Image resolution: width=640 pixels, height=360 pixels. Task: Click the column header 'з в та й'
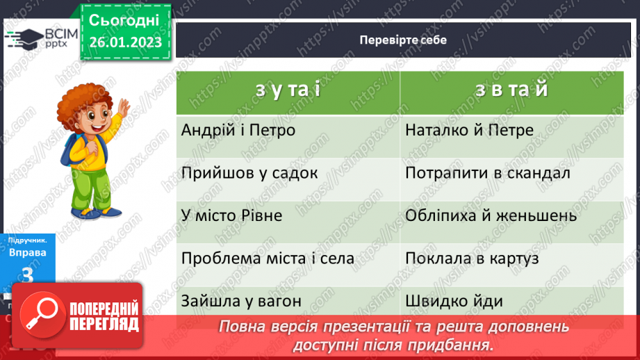click(x=512, y=90)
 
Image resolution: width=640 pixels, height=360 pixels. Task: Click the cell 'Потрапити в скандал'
click(x=486, y=172)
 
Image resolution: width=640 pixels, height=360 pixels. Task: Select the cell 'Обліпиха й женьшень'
click(x=490, y=215)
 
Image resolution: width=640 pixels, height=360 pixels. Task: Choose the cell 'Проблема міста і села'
click(x=268, y=259)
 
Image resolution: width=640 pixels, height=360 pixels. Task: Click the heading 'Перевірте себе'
click(x=403, y=40)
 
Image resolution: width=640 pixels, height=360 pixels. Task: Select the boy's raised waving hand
click(x=123, y=108)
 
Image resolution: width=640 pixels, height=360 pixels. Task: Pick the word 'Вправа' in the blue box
click(x=28, y=252)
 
